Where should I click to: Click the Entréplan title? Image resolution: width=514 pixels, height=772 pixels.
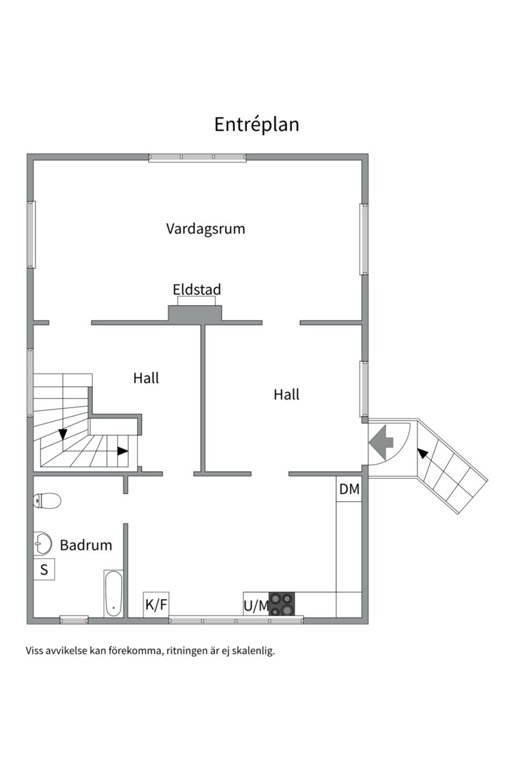point(257,124)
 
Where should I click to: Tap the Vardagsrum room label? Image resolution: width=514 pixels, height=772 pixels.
point(206,229)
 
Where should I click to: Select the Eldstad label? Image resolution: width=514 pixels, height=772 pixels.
point(197,289)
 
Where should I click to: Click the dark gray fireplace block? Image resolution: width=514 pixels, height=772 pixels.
point(196,314)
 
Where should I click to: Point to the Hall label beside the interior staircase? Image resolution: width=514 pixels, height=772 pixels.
point(146,378)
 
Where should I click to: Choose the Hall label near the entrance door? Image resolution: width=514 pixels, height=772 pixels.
point(287,395)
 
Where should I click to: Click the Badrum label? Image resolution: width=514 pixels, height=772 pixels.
point(86,545)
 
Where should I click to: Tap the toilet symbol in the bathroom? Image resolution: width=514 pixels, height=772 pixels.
point(47,501)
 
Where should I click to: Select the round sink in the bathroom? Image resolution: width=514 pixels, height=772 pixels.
point(43,543)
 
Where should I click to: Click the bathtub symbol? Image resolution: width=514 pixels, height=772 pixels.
point(113,593)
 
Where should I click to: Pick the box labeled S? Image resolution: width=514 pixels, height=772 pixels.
point(44,570)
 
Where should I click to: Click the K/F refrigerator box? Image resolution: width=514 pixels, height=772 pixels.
point(156,605)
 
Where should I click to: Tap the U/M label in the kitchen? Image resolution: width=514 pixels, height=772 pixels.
point(256,606)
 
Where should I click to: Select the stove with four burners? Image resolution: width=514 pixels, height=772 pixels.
point(282,604)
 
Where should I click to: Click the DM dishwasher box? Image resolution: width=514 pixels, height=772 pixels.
point(349,489)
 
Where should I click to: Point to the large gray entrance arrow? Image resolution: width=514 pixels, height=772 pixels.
point(381,442)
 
